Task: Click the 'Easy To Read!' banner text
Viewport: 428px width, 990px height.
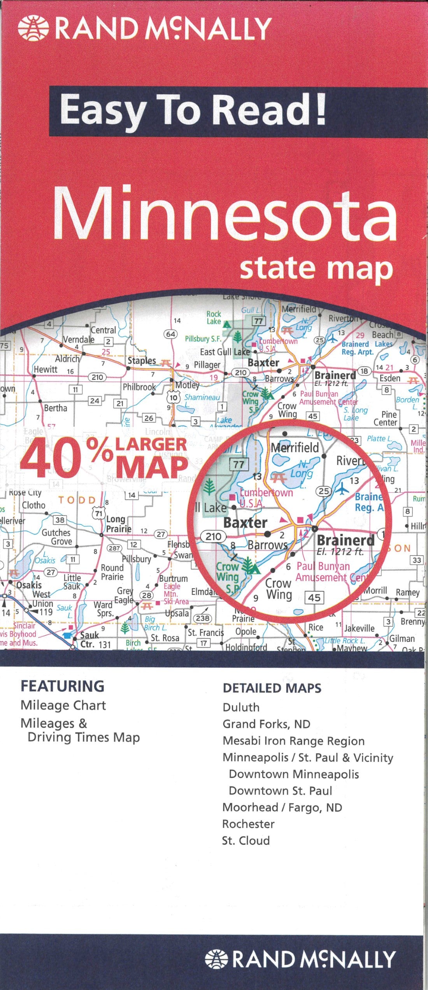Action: (192, 111)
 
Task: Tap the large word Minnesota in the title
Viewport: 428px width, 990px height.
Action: (225, 213)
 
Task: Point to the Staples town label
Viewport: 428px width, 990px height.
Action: (142, 361)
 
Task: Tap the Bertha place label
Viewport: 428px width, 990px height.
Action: (55, 408)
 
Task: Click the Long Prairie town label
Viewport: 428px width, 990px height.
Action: (116, 524)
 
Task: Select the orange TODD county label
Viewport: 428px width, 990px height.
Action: (77, 500)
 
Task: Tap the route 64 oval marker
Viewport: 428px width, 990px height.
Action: (171, 334)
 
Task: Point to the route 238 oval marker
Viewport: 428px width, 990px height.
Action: (203, 618)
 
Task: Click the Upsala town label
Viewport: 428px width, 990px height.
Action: (177, 614)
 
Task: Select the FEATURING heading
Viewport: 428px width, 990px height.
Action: (62, 686)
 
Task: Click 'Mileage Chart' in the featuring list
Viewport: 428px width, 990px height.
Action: (63, 705)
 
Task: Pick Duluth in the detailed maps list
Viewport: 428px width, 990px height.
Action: (241, 707)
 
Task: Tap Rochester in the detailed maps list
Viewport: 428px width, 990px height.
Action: (248, 824)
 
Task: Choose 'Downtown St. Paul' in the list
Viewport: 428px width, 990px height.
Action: (280, 791)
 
